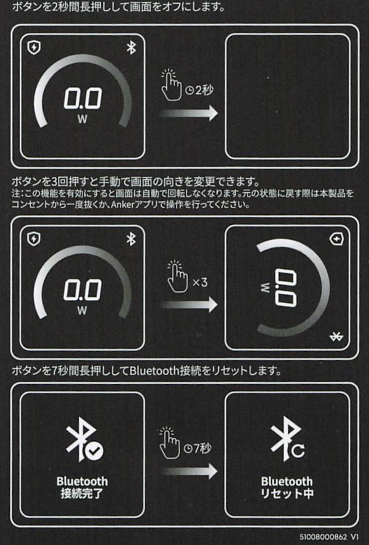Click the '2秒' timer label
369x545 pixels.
pos(199,91)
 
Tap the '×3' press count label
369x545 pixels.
pos(200,282)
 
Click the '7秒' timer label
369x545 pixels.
pos(197,448)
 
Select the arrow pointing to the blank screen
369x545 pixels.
pos(189,113)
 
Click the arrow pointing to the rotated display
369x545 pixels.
pos(189,305)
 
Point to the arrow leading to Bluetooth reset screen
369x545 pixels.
pos(189,472)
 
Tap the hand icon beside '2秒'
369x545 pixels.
pos(171,85)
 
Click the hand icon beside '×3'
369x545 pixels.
pos(177,277)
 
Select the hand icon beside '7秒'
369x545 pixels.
pos(169,443)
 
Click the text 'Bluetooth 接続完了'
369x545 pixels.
pos(82,487)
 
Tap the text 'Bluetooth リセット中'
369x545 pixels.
pos(287,487)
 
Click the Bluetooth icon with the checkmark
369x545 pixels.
pos(84,439)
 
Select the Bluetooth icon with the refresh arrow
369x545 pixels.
pos(288,439)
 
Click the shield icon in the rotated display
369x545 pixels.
pos(336,239)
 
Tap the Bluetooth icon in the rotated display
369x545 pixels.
pos(336,336)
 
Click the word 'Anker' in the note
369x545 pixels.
pos(122,204)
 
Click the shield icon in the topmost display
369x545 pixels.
pos(34,47)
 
